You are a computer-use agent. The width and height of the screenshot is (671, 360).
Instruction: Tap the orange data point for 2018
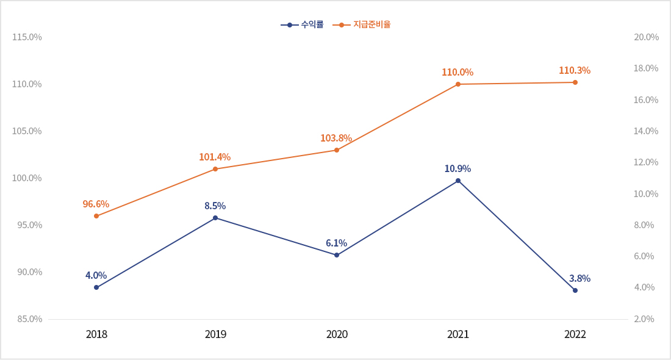(96, 216)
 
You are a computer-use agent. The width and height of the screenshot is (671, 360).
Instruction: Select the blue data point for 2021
(458, 181)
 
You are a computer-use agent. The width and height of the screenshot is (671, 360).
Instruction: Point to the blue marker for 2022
(575, 290)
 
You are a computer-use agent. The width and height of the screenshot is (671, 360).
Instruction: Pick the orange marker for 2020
(337, 150)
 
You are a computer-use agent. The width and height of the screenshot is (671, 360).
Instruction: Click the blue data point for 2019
(215, 218)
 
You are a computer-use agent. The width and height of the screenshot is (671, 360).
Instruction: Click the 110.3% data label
(575, 71)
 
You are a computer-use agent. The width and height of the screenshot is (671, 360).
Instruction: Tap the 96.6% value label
(96, 204)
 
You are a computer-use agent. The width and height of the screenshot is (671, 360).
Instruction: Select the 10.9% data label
(457, 169)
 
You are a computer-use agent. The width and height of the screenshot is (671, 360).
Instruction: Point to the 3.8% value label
(579, 279)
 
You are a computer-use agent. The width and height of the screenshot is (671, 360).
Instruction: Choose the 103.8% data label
(336, 139)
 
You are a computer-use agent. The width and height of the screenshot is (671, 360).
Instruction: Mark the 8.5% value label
(215, 206)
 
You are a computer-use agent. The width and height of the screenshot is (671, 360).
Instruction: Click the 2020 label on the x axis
(337, 334)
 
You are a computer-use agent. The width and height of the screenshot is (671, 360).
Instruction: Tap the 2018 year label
(96, 334)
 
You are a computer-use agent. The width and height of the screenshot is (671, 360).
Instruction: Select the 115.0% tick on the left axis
(27, 37)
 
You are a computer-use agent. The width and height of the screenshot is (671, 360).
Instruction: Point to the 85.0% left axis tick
(27, 319)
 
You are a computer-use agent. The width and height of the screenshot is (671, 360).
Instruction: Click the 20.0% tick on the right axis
(646, 37)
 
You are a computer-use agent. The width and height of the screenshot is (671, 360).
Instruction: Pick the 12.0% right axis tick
(646, 162)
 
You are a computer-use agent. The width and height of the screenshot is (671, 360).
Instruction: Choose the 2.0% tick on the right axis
(644, 319)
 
